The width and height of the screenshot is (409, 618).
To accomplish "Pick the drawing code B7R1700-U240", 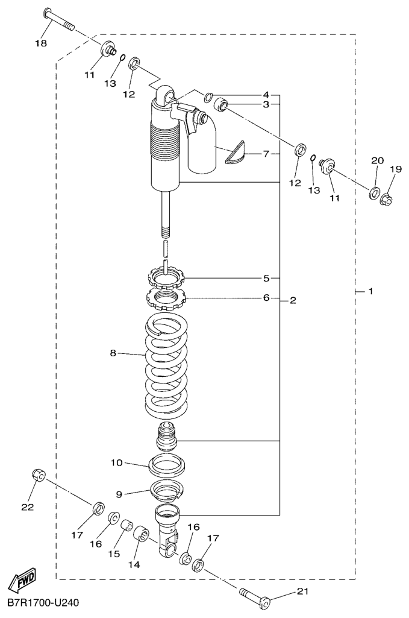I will (43, 602).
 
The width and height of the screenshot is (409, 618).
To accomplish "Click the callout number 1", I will (371, 292).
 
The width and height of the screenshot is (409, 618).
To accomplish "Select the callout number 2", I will (293, 300).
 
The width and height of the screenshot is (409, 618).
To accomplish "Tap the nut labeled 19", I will (387, 197).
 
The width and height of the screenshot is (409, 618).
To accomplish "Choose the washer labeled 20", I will (374, 193).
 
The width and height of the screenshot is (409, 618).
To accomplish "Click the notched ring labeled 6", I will (166, 297).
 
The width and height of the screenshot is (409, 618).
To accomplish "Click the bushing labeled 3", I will (222, 106).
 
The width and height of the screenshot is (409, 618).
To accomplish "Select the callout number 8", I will (113, 354).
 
